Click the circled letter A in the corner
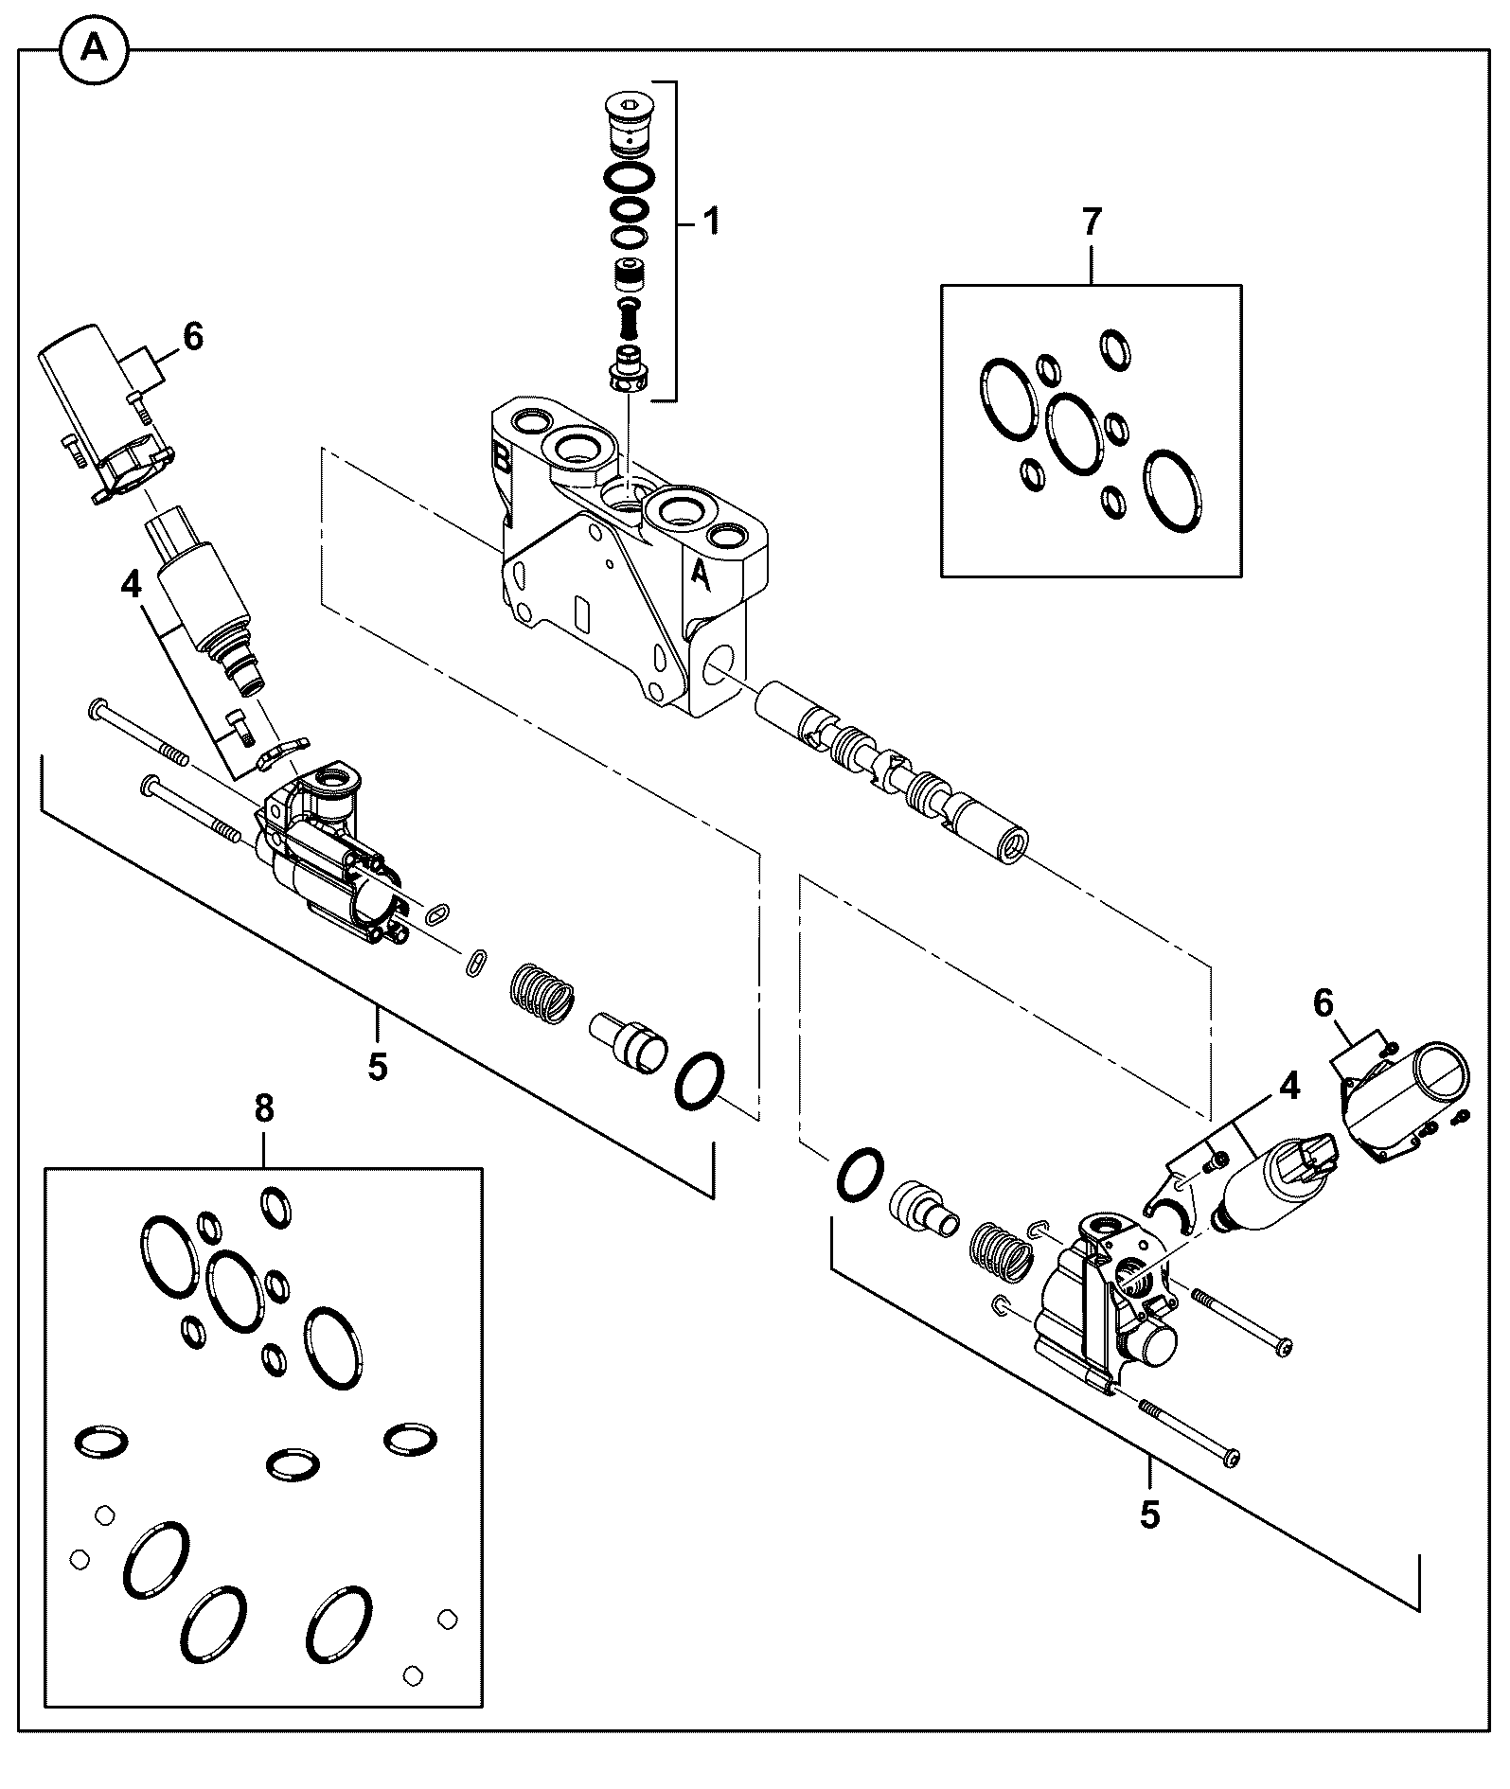point(94,49)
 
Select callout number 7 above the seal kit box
point(1092,222)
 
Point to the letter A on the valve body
point(701,574)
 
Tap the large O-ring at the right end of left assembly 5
point(701,1081)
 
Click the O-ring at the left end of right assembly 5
point(860,1177)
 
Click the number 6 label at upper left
point(192,337)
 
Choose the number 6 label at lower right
point(1323,1001)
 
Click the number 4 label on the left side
point(131,584)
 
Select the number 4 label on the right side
point(1289,1087)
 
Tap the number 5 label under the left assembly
point(378,1068)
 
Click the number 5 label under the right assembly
point(1149,1515)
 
